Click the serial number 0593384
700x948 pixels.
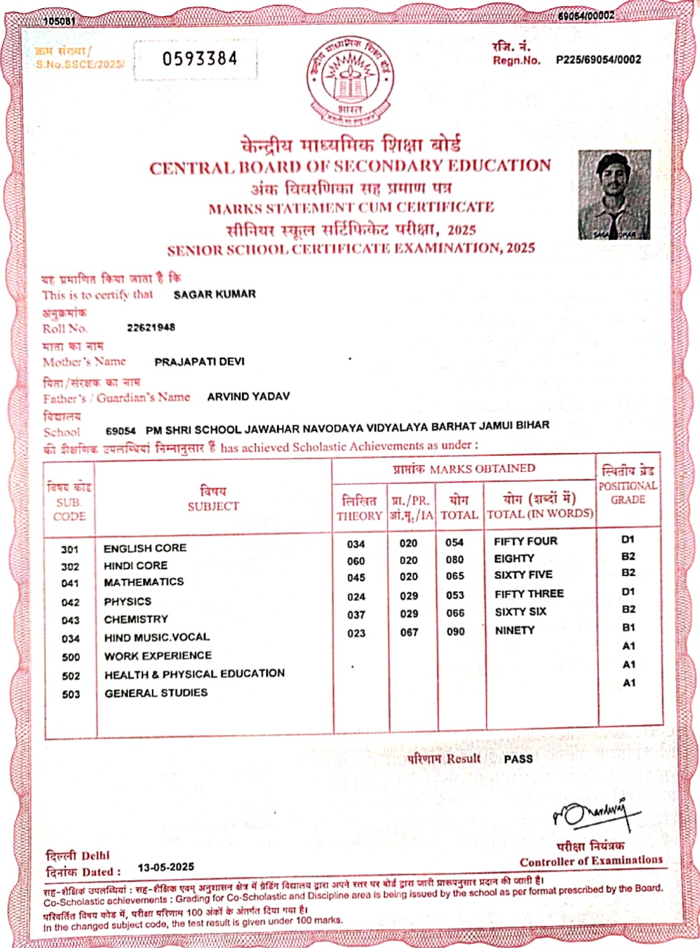coord(200,59)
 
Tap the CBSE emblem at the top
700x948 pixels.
coord(350,80)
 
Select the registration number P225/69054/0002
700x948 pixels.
coord(598,60)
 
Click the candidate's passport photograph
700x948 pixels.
coord(614,195)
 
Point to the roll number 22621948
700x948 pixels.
coord(151,327)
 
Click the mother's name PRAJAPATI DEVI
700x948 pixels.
coord(200,362)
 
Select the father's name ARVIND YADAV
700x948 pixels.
coord(249,397)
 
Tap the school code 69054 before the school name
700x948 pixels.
coord(121,430)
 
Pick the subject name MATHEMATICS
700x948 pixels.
coord(144,582)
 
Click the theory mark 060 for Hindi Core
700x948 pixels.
coord(356,561)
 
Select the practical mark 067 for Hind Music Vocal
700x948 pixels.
coord(409,633)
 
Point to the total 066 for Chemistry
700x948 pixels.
coord(455,613)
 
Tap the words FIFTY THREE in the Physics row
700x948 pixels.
coord(529,594)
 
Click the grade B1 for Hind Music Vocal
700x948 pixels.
coord(629,628)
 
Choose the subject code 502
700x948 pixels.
coord(71,676)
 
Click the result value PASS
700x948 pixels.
coord(518,759)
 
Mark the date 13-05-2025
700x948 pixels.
coord(166,867)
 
